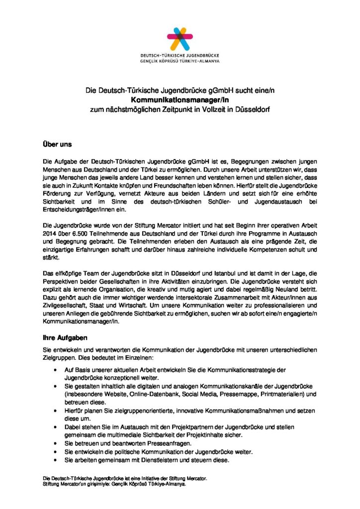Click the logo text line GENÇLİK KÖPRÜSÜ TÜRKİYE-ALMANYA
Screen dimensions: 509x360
point(180,60)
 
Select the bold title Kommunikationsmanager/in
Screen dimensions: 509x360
point(180,99)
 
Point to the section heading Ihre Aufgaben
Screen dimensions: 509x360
point(66,338)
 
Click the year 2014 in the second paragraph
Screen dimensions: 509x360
point(50,225)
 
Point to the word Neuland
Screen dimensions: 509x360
point(290,289)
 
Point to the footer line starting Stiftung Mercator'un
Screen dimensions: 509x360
point(114,484)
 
